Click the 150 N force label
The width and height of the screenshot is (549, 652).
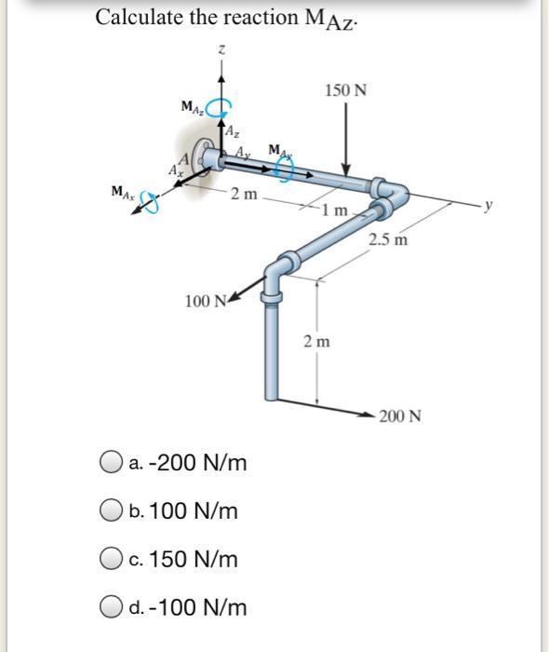(x=346, y=90)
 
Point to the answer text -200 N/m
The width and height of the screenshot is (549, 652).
(x=189, y=462)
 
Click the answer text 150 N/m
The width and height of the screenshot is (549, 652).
(x=186, y=559)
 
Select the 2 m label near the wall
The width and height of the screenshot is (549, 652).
(x=244, y=195)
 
